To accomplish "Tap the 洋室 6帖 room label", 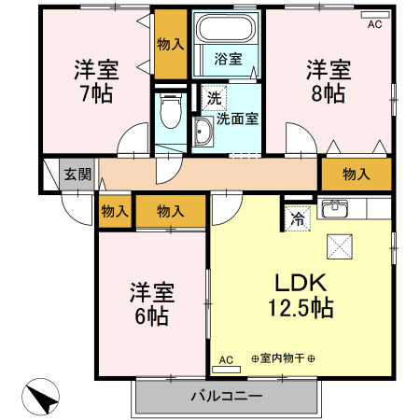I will pyautogui.click(x=148, y=303).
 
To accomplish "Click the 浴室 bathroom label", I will pyautogui.click(x=228, y=59).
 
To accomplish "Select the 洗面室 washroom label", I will pyautogui.click(x=237, y=119).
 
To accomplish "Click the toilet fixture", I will pyautogui.click(x=169, y=114).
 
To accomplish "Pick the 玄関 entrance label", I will pyautogui.click(x=77, y=174).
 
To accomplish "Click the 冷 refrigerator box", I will pyautogui.click(x=297, y=220).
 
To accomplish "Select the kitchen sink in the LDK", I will pyautogui.click(x=335, y=209).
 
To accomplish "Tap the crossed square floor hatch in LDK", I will pyautogui.click(x=338, y=247).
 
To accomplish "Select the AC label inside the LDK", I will pyautogui.click(x=225, y=359).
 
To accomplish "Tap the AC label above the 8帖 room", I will pyautogui.click(x=374, y=25).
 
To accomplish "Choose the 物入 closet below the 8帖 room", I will pyautogui.click(x=356, y=175).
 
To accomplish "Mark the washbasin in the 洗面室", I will pyautogui.click(x=203, y=133).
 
